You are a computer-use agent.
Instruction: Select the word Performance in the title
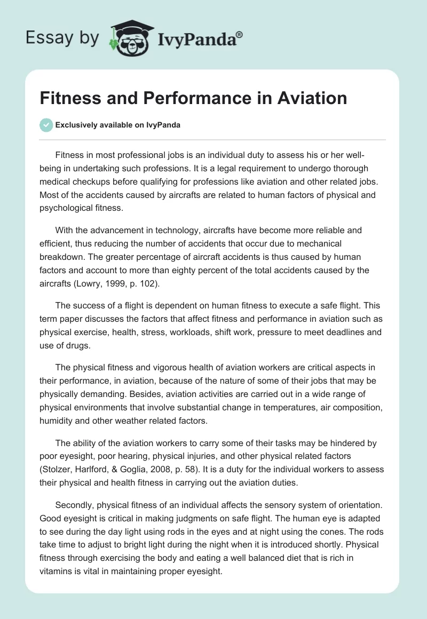tap(198, 98)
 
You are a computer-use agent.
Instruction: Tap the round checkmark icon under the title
tap(46, 125)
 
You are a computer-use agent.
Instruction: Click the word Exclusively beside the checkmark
tap(76, 125)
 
